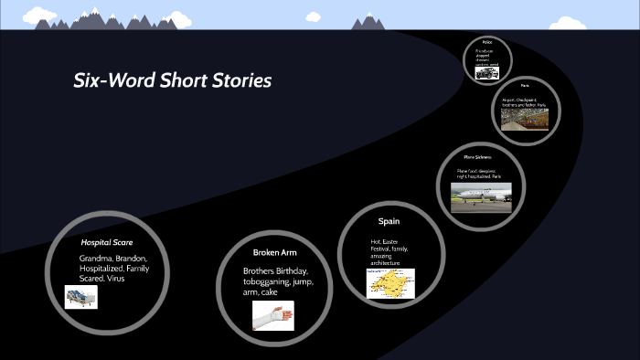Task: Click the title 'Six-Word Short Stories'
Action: pyautogui.click(x=173, y=80)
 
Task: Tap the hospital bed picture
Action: pyautogui.click(x=80, y=297)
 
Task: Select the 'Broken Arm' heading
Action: pyautogui.click(x=274, y=251)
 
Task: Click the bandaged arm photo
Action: pyautogui.click(x=273, y=315)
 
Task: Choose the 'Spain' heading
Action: pyautogui.click(x=389, y=221)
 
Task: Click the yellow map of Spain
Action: pyautogui.click(x=390, y=284)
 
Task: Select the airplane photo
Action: pyautogui.click(x=483, y=195)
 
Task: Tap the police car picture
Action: pyautogui.click(x=486, y=72)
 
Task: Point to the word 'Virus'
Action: pyautogui.click(x=115, y=278)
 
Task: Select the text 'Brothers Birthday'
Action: pyautogui.click(x=275, y=271)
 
